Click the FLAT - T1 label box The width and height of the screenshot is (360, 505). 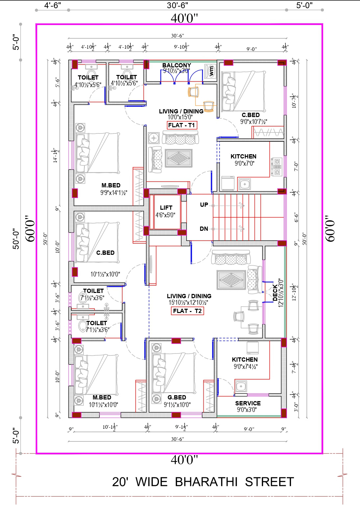(182, 125)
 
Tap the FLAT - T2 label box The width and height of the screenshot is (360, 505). (187, 311)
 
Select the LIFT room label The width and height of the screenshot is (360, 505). (166, 208)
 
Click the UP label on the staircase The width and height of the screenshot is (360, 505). (204, 205)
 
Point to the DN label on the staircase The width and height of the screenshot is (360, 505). (204, 229)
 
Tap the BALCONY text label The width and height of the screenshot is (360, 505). (176, 65)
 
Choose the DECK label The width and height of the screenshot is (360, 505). (275, 293)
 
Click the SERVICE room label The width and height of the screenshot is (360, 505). (248, 403)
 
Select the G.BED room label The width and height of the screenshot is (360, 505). (177, 397)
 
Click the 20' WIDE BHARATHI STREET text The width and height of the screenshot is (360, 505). (203, 482)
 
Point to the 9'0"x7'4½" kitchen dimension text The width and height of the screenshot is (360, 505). (245, 367)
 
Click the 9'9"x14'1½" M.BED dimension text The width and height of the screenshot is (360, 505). (114, 193)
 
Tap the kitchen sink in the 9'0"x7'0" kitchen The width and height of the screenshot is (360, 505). (244, 184)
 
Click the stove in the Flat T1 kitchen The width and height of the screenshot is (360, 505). (277, 166)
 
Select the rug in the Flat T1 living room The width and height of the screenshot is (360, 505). (179, 158)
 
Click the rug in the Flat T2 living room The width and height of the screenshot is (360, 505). (231, 280)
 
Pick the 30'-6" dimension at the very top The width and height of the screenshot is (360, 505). (177, 5)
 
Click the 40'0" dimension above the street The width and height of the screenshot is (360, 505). (184, 460)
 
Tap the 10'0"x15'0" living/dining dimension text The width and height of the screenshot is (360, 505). (180, 117)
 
